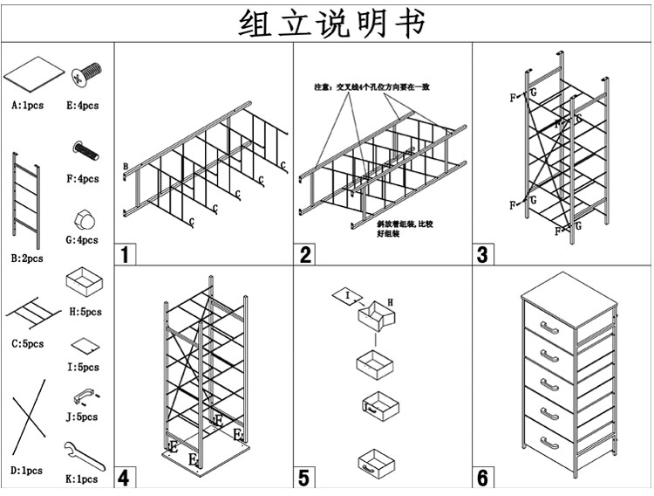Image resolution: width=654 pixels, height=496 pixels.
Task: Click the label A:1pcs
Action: tap(28, 106)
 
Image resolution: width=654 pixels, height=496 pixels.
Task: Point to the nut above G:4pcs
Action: tap(85, 217)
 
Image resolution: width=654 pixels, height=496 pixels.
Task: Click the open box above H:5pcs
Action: tap(84, 283)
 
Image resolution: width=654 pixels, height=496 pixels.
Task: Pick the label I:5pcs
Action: tap(84, 368)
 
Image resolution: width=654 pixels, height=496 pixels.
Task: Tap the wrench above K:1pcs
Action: tap(84, 456)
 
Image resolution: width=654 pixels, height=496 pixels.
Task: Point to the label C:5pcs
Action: tap(27, 344)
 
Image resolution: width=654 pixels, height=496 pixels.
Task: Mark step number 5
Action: tap(304, 478)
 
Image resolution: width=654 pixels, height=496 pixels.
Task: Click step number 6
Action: tap(483, 478)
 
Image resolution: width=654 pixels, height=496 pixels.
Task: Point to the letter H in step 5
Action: tap(390, 301)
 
